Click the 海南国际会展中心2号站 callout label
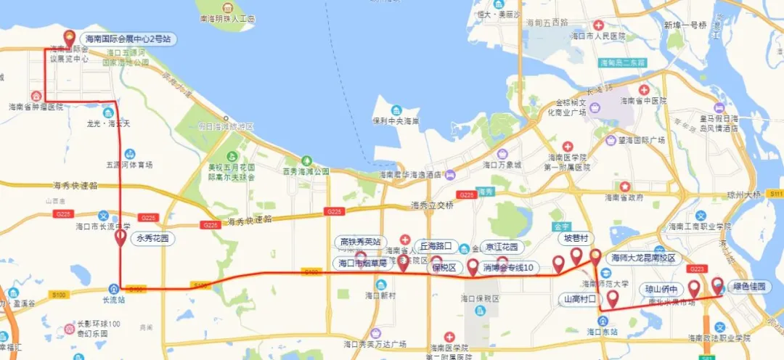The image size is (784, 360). pyautogui.click(x=127, y=38)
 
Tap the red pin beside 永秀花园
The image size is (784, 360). pyautogui.click(x=121, y=238)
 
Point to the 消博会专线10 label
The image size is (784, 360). pyautogui.click(x=508, y=268)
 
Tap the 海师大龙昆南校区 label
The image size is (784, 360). pyautogui.click(x=643, y=258)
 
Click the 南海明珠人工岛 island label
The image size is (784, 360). pyautogui.click(x=226, y=20)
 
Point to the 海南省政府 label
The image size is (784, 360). pyautogui.click(x=624, y=197)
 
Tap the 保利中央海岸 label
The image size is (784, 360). pyautogui.click(x=395, y=121)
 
